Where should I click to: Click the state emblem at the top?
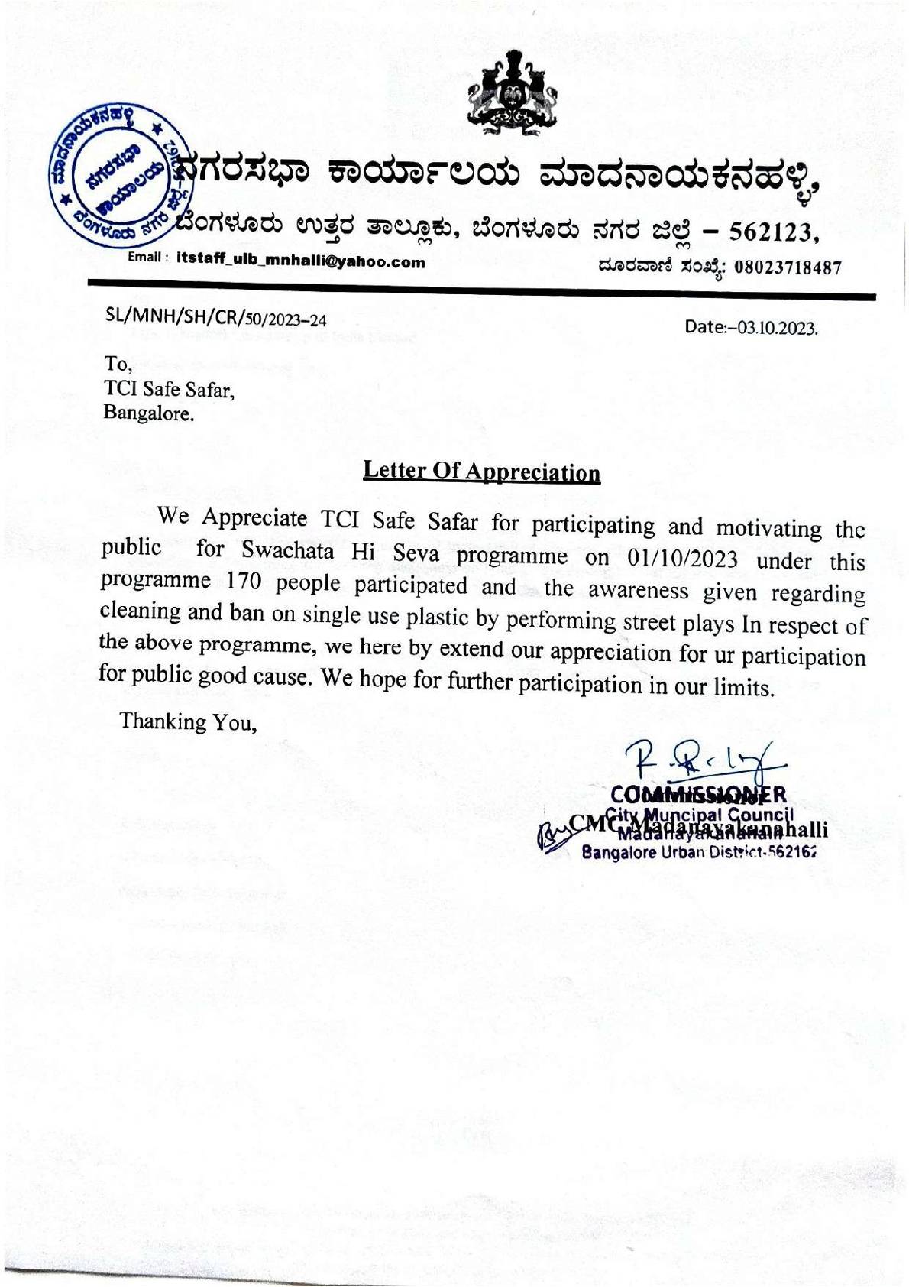pyautogui.click(x=510, y=93)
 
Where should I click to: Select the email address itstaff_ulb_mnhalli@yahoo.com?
pyautogui.click(x=300, y=261)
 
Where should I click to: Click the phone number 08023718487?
pyautogui.click(x=788, y=267)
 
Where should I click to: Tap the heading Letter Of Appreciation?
pyautogui.click(x=481, y=472)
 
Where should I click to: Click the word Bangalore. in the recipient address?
pyautogui.click(x=149, y=414)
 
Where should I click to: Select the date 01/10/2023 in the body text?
pyautogui.click(x=681, y=559)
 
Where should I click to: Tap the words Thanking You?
pyautogui.click(x=188, y=722)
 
